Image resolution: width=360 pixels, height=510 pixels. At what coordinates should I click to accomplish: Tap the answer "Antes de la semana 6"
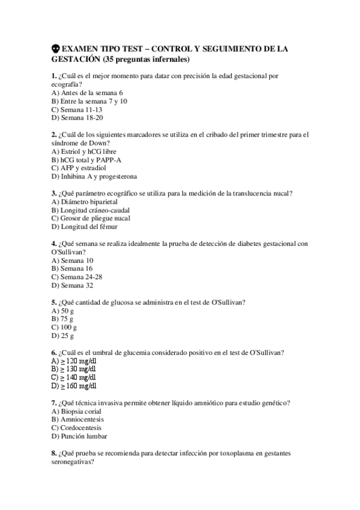87,93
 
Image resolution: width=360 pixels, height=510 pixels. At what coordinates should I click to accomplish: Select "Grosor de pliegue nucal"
90,218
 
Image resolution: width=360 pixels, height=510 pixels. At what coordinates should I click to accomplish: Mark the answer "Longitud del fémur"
85,227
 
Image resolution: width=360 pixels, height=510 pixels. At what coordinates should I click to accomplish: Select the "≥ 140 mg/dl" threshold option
73,377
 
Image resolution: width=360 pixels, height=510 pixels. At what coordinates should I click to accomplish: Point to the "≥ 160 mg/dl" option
74,386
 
